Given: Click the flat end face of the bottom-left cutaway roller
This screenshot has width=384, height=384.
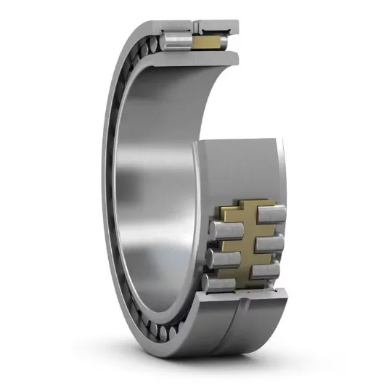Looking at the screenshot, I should point(205,284).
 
